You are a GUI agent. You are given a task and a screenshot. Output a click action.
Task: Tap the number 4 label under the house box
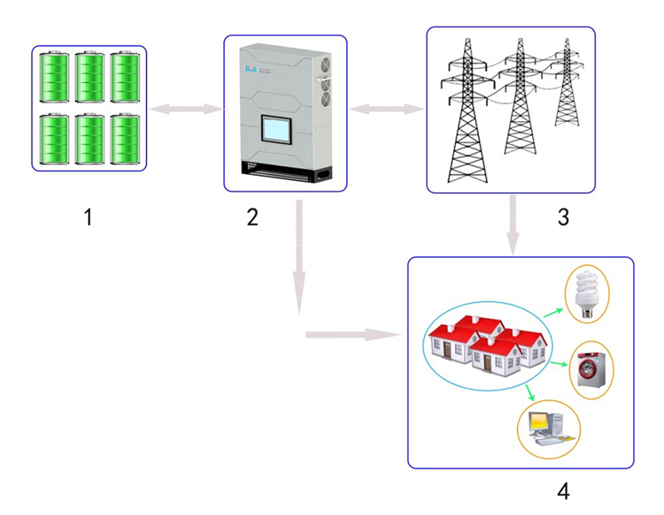click(x=563, y=491)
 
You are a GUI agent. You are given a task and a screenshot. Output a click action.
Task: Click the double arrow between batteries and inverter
click(x=187, y=108)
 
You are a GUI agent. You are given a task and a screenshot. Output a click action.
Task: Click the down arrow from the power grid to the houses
click(x=514, y=224)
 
